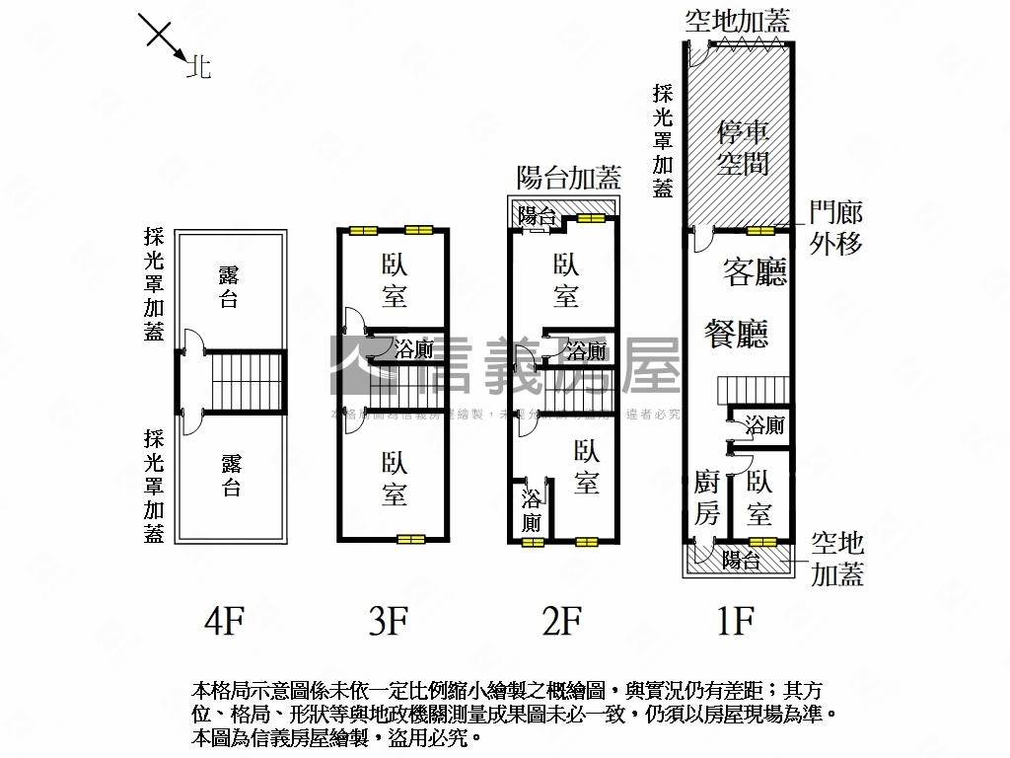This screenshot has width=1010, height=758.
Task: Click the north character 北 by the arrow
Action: point(199,68)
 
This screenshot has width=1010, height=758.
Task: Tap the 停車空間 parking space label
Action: point(743,147)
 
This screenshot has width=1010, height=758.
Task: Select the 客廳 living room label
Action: point(755,271)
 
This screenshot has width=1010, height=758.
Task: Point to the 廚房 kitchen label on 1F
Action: point(707,497)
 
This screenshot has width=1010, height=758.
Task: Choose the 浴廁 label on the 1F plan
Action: point(764,425)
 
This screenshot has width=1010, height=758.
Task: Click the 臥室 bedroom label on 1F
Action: point(759,497)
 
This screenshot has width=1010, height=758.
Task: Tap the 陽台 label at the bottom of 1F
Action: point(740,561)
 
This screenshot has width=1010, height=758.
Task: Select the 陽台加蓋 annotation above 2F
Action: point(569,178)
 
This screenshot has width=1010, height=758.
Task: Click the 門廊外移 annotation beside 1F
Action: point(836,228)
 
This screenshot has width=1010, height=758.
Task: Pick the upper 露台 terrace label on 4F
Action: point(229,286)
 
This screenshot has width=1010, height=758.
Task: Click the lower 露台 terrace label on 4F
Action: point(231,476)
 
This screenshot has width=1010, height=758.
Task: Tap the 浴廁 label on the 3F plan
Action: point(413,348)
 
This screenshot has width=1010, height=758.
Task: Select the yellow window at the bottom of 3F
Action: point(410,539)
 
